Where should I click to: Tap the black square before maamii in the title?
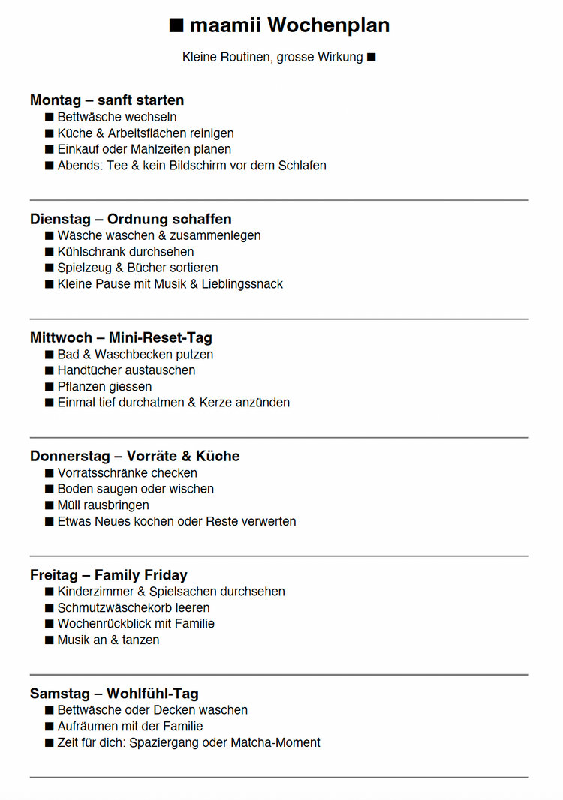tap(176, 25)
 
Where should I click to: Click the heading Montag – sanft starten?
tap(107, 100)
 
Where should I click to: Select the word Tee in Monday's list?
tap(117, 166)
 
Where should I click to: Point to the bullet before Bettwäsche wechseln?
tap(50, 118)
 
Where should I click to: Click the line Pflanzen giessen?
tap(104, 387)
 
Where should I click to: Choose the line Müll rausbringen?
tap(103, 505)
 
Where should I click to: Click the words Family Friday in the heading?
tap(141, 575)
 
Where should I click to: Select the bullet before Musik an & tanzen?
tap(50, 640)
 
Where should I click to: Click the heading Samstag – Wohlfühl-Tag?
tap(114, 694)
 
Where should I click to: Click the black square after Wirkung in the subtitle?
tap(371, 57)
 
